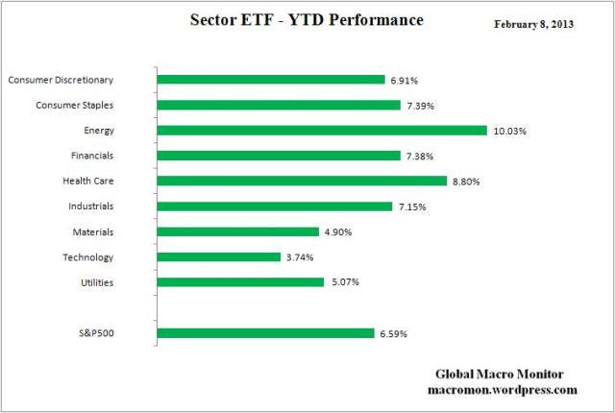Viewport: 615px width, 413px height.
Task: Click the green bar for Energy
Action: [x=322, y=130]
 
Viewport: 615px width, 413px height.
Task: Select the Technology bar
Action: [x=218, y=256]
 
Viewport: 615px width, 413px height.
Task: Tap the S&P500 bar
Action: [x=264, y=333]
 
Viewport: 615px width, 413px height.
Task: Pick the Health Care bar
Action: [x=302, y=181]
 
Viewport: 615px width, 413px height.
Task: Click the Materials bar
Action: [x=237, y=231]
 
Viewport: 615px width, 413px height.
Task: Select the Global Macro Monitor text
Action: [x=501, y=376]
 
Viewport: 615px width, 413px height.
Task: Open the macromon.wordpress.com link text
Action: [x=501, y=391]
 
